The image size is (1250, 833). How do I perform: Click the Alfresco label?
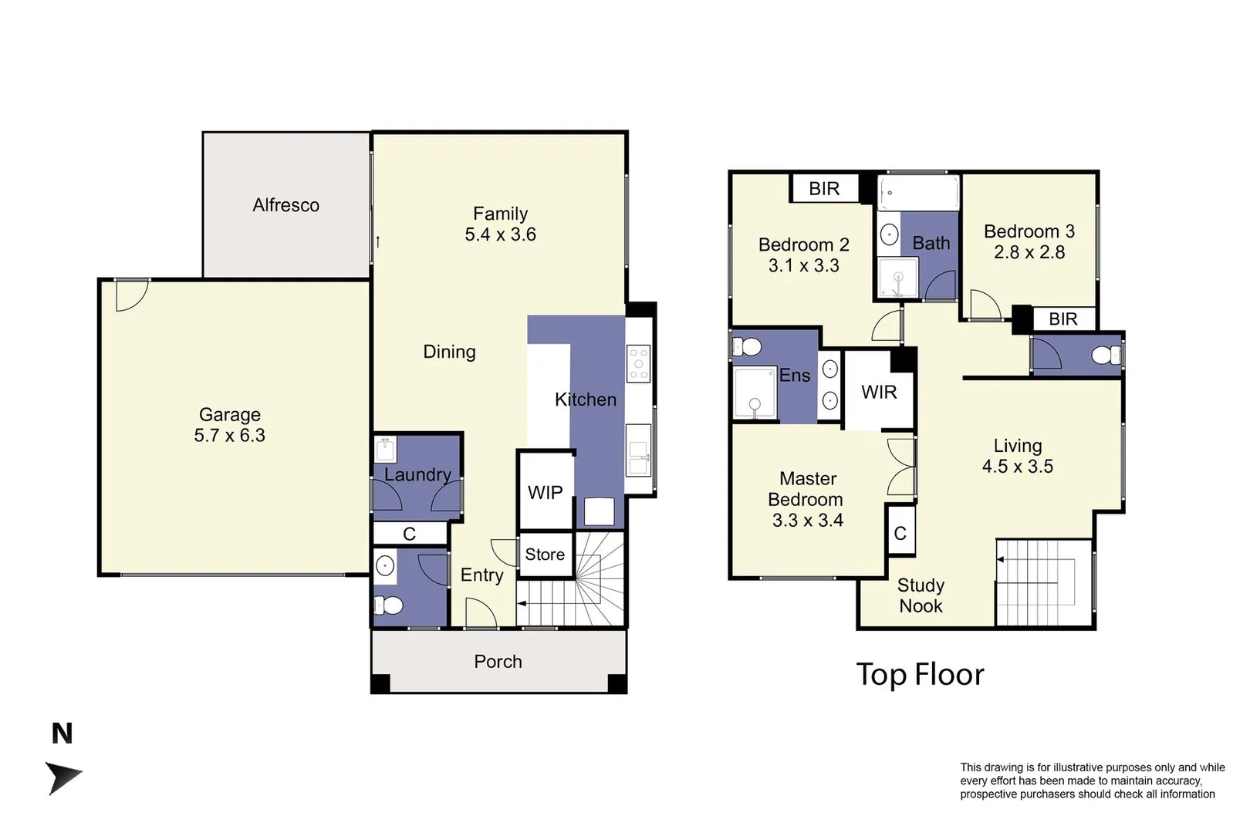click(285, 205)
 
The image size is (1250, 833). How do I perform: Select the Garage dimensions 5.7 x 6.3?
click(229, 436)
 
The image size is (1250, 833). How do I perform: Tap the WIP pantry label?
click(545, 493)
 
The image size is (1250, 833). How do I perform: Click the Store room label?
click(545, 555)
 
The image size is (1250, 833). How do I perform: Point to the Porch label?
click(498, 662)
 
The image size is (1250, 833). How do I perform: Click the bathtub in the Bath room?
click(918, 193)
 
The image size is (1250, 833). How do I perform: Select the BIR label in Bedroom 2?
click(824, 189)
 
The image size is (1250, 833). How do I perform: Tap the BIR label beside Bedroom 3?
click(1062, 319)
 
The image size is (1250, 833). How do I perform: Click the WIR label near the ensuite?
click(879, 393)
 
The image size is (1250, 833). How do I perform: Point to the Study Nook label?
click(921, 596)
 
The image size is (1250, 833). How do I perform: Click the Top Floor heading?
click(920, 675)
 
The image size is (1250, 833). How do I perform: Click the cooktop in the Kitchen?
click(639, 364)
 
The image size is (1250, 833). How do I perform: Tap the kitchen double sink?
click(639, 458)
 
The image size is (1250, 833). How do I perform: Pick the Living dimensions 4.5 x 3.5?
click(1017, 467)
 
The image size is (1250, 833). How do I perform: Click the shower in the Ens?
click(755, 393)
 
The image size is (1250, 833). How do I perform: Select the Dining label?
click(449, 352)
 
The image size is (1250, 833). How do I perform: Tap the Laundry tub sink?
click(385, 449)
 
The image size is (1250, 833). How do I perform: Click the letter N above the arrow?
click(62, 734)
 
